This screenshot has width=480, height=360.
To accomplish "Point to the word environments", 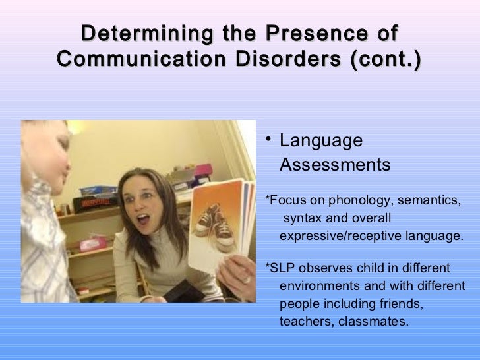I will point(318,287).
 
